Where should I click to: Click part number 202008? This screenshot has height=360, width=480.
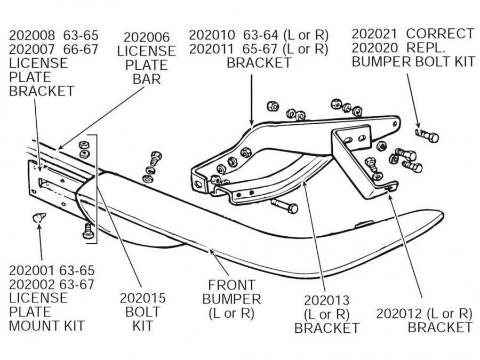click(x=32, y=36)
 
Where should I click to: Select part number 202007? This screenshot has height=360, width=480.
click(x=32, y=50)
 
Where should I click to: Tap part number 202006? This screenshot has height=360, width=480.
click(x=147, y=38)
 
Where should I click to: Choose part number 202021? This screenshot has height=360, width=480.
click(x=374, y=34)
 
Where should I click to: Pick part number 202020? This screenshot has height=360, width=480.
click(x=374, y=47)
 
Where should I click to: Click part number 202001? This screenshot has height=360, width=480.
click(x=32, y=269)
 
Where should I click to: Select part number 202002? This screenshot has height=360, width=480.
click(x=32, y=283)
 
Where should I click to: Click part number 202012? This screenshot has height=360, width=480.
click(x=399, y=313)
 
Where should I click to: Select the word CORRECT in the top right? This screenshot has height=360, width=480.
click(x=440, y=34)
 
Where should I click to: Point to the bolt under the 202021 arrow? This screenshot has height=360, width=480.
click(x=427, y=136)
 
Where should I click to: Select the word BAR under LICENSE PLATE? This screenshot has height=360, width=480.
click(x=147, y=79)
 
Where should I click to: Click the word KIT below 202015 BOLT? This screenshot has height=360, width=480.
click(x=142, y=325)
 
